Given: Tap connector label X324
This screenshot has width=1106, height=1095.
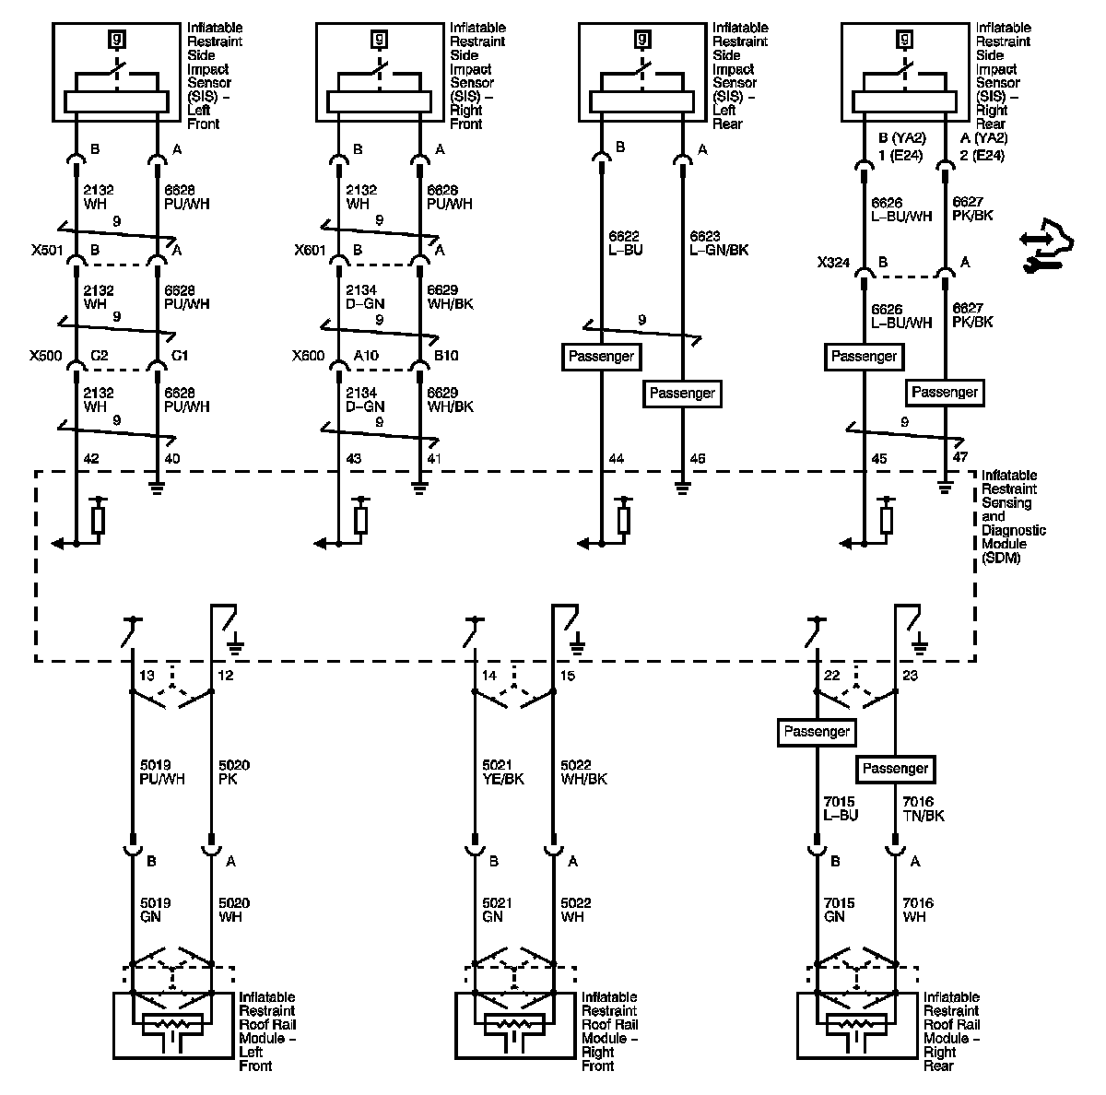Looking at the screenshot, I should point(833,263).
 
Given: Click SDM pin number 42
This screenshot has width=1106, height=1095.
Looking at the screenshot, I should point(90,459).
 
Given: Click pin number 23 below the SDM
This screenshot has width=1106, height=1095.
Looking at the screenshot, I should point(911,676).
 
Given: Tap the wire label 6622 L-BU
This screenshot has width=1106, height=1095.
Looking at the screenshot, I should point(624,242).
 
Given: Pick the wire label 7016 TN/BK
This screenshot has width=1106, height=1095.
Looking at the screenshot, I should point(923,808).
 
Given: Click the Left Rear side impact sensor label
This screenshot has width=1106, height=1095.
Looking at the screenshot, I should point(739,76).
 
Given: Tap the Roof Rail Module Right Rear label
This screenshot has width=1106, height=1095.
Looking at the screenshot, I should point(952,1031).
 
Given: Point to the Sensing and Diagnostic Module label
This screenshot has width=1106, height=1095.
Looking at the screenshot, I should point(1014,516).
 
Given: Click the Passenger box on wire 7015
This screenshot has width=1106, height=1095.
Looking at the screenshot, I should point(817,732).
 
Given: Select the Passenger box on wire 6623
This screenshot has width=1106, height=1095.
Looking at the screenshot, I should point(682,394).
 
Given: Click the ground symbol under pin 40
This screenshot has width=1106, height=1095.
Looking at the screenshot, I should point(157,487).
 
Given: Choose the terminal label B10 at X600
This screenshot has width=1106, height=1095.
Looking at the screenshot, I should point(446,356).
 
